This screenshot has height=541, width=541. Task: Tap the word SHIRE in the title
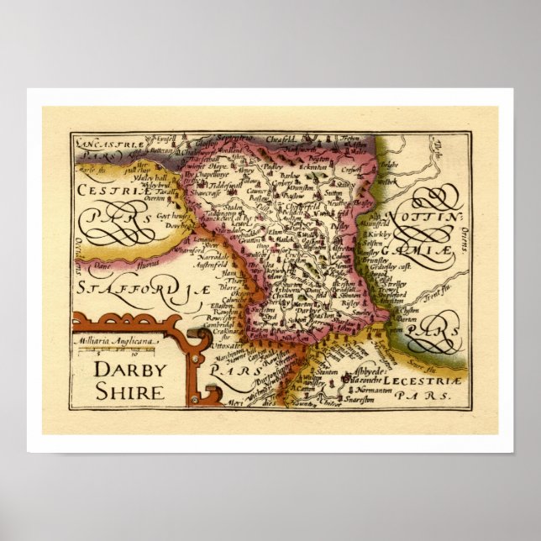coord(129,391)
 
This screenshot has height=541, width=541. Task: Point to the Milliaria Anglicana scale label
coord(113,341)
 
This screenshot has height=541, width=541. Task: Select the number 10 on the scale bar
coord(134,355)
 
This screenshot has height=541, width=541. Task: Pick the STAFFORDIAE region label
coord(139,289)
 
